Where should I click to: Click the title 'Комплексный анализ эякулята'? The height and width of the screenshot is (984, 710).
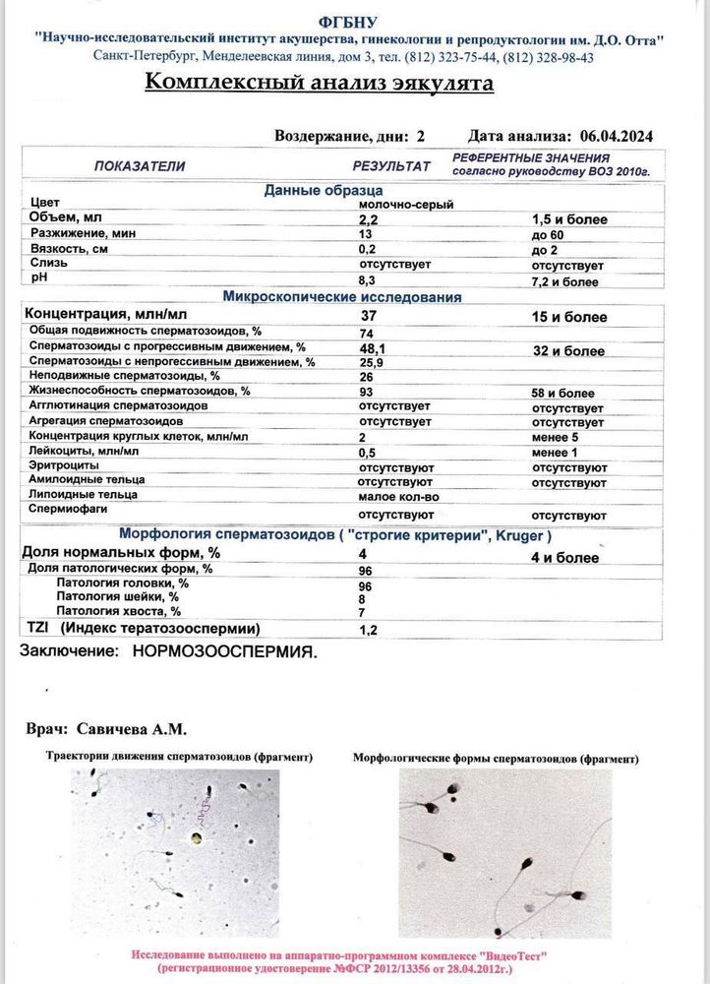(x=320, y=83)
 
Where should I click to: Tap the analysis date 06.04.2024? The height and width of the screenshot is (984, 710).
(x=617, y=136)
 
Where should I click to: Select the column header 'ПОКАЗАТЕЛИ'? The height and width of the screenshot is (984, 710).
(x=139, y=166)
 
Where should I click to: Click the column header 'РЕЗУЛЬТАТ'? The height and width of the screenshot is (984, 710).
(x=391, y=166)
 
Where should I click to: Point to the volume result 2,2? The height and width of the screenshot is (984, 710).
(x=368, y=219)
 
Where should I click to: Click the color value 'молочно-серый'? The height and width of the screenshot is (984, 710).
(x=397, y=204)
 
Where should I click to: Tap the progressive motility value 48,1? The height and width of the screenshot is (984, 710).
(x=374, y=348)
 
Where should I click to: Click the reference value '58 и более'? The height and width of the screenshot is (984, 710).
(x=562, y=393)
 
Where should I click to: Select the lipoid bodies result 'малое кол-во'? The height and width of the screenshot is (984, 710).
(x=398, y=496)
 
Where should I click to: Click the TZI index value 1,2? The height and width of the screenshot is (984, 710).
(x=369, y=629)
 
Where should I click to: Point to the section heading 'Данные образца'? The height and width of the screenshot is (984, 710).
(x=323, y=190)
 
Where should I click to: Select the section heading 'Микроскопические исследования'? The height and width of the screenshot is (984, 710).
(x=342, y=296)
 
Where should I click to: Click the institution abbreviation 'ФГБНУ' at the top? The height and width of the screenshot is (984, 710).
(x=347, y=22)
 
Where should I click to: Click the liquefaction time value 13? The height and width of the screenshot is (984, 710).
(x=366, y=234)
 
